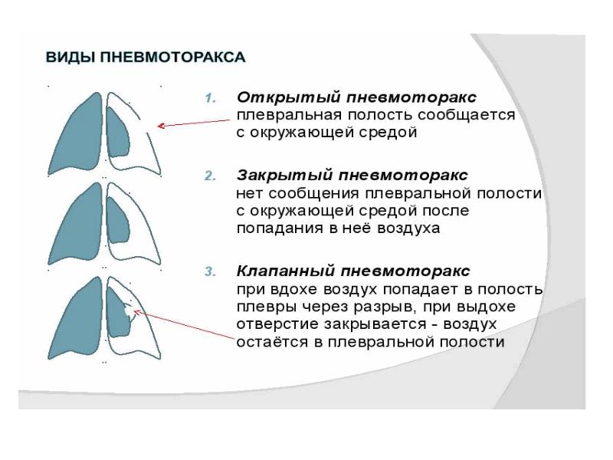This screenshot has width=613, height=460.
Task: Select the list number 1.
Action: point(210,98)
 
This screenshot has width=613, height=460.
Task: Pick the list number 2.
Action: point(210,176)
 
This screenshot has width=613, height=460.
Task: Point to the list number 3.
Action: point(210,273)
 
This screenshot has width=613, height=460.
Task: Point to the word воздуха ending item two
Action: point(406,228)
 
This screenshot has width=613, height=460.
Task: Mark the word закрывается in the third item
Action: point(372,324)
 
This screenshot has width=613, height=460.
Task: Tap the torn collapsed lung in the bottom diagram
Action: point(118,314)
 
